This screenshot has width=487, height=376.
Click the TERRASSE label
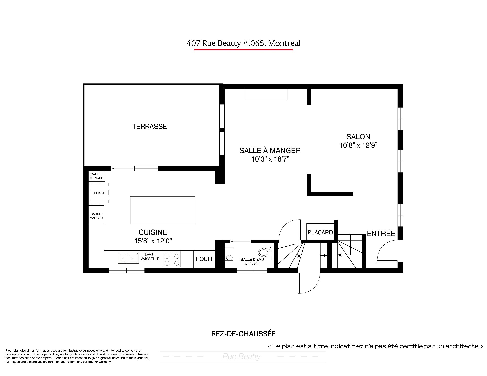[149, 127]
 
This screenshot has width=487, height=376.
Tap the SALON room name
[358, 137]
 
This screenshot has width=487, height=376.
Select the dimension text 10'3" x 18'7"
[270, 159]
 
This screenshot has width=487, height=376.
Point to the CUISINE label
[153, 232]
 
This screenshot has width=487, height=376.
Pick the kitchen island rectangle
[163, 210]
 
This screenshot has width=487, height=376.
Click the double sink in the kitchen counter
[128, 258]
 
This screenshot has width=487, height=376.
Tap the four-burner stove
[172, 259]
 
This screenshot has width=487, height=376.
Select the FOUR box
[204, 259]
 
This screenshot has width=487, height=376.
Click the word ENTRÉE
[381, 234]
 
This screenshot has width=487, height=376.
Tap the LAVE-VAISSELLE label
[150, 257]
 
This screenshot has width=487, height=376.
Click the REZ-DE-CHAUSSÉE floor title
[243, 334]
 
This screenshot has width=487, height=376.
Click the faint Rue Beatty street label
[241, 357]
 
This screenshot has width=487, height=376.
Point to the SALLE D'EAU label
[252, 259]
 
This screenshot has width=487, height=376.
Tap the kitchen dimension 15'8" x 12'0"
[153, 241]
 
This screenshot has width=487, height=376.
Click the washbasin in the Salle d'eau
[229, 258]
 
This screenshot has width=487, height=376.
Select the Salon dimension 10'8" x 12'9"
[359, 146]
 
